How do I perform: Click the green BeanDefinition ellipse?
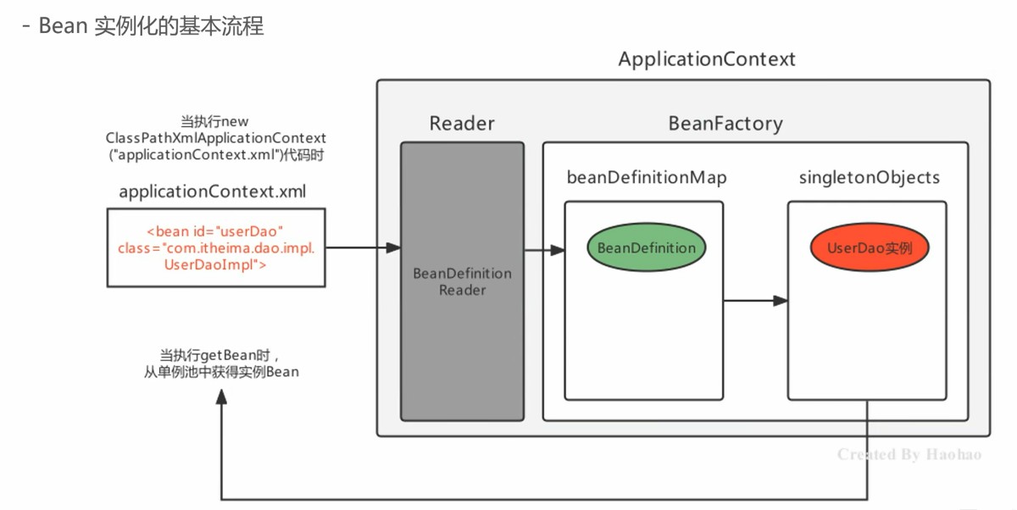coord(646,248)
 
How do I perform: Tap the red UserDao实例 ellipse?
coord(870,248)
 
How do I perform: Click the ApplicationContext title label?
coord(707,59)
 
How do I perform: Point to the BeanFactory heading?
coord(725,124)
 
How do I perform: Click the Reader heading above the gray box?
coord(462,124)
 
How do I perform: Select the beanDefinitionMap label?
coord(647,178)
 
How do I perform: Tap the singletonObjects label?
coord(870,178)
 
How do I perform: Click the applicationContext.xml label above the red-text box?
coord(213,192)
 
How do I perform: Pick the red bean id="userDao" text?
coord(214,231)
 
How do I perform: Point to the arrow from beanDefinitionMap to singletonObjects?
coord(755,300)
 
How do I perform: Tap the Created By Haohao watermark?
coord(909,455)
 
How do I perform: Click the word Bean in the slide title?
coord(64,26)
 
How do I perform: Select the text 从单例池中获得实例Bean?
coord(221,372)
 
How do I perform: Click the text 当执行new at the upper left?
coord(214,122)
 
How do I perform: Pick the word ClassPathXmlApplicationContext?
coord(216,137)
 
